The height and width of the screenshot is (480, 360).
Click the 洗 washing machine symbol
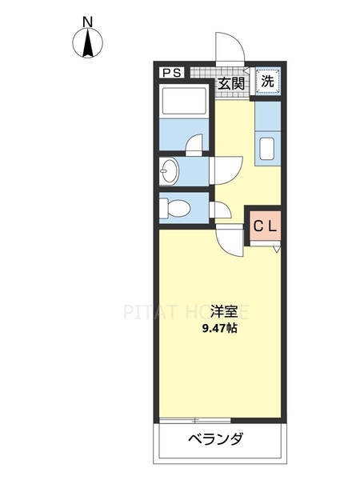(269, 80)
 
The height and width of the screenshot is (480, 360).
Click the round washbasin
(169, 170)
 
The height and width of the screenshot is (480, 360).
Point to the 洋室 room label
(223, 311)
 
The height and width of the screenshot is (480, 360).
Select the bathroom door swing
(194, 145)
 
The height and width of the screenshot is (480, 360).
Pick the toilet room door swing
(222, 212)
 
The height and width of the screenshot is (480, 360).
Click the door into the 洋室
(230, 241)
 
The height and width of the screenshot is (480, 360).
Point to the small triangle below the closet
(277, 250)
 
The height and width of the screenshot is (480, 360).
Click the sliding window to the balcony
(195, 419)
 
